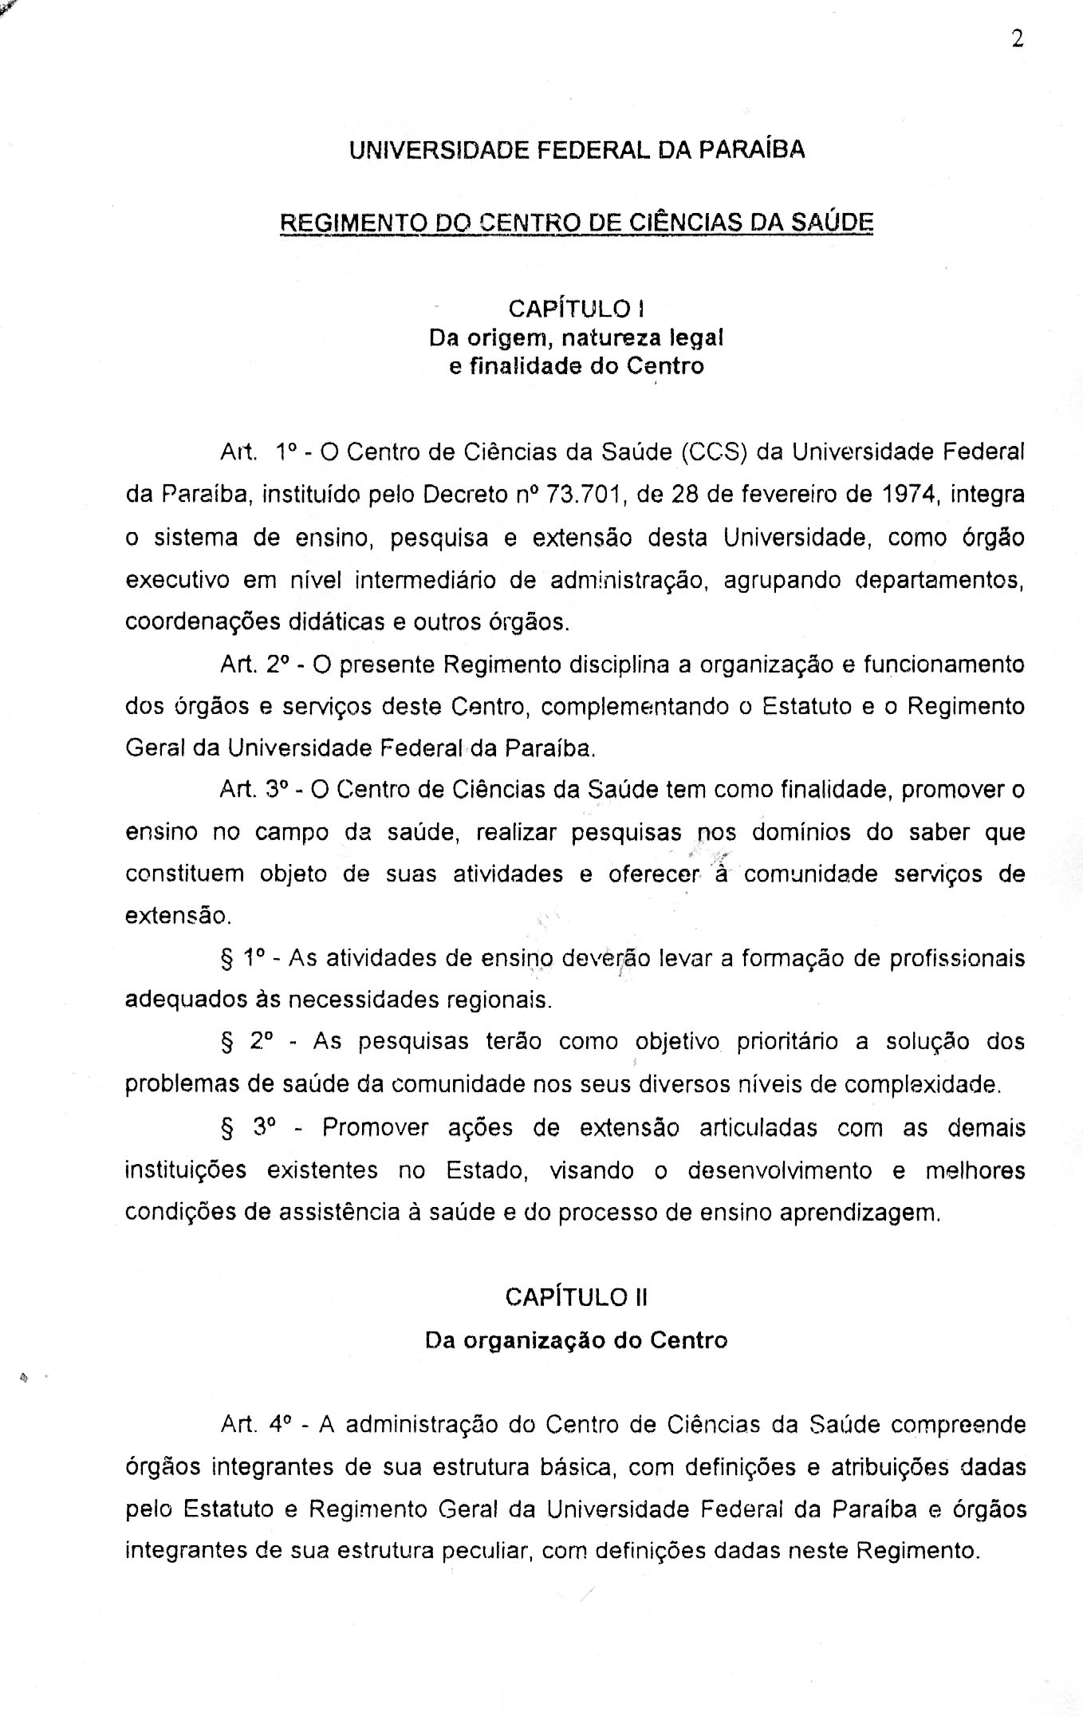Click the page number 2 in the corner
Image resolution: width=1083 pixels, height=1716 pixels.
[x=1017, y=39]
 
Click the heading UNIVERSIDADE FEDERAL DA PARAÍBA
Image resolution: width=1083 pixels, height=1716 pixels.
[x=577, y=150]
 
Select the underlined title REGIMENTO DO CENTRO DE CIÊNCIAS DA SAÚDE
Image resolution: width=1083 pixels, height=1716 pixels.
[x=577, y=222]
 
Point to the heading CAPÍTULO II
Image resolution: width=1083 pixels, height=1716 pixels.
[x=576, y=1297]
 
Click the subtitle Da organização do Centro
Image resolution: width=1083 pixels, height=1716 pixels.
[x=576, y=1339]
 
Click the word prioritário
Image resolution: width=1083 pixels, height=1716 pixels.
[x=786, y=1042]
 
